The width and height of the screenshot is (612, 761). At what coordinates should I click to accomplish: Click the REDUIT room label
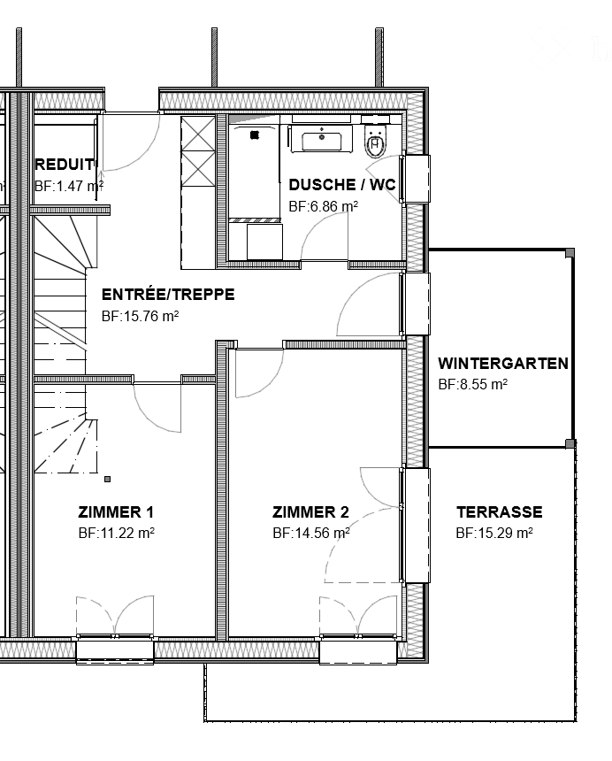pyautogui.click(x=65, y=165)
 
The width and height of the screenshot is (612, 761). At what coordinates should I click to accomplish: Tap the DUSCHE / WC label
pyautogui.click(x=341, y=185)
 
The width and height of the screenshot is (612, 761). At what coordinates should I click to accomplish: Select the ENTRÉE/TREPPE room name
pyautogui.click(x=168, y=295)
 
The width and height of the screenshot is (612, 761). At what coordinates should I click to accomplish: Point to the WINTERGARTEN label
pyautogui.click(x=502, y=364)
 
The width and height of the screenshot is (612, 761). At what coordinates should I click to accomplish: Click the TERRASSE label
pyautogui.click(x=499, y=512)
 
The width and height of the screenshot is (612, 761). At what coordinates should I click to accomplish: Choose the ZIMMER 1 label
pyautogui.click(x=116, y=512)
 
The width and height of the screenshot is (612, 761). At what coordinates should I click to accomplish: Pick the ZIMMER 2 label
pyautogui.click(x=310, y=512)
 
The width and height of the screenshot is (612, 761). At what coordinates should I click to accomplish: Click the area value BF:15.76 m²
pyautogui.click(x=141, y=316)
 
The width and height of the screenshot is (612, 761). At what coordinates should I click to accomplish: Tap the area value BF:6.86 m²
pyautogui.click(x=323, y=206)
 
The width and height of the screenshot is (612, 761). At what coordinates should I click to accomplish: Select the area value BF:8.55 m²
pyautogui.click(x=472, y=385)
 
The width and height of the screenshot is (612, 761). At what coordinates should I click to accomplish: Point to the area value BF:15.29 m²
pyautogui.click(x=493, y=534)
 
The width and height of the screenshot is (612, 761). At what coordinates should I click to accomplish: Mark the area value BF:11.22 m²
pyautogui.click(x=117, y=534)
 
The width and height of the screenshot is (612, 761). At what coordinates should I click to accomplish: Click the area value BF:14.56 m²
pyautogui.click(x=311, y=534)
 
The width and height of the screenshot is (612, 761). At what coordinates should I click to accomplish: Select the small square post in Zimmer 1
pyautogui.click(x=108, y=479)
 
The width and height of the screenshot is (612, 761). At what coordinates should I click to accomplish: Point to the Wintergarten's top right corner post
pyautogui.click(x=570, y=253)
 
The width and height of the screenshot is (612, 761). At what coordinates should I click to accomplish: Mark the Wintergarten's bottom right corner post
pyautogui.click(x=570, y=443)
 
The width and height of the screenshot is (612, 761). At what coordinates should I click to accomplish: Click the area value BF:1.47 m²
pyautogui.click(x=69, y=187)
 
